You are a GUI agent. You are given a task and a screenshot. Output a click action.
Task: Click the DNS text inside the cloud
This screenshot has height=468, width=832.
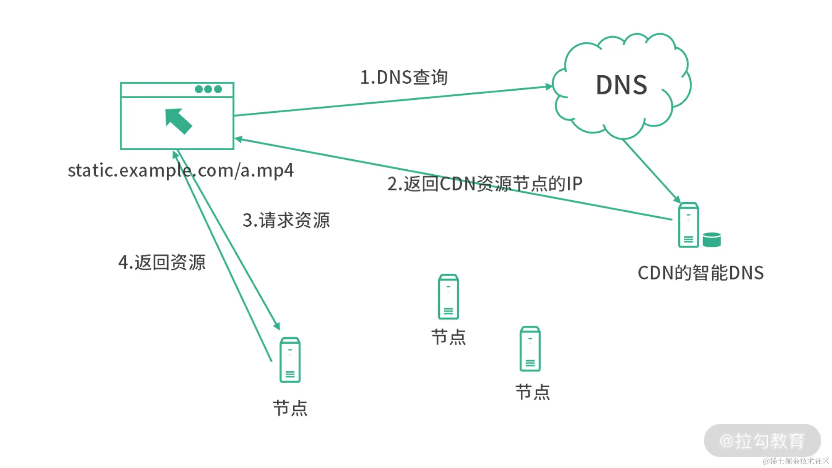[622, 85]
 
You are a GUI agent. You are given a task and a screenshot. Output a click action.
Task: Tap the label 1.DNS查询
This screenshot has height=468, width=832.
[404, 77]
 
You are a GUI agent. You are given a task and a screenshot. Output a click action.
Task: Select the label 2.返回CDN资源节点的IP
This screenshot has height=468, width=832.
[485, 184]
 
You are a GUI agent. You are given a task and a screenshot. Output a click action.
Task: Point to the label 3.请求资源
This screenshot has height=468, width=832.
[286, 220]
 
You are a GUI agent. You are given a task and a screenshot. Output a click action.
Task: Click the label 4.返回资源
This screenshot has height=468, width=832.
[162, 262]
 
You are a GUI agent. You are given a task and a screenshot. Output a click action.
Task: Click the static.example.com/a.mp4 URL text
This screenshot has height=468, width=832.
[181, 171]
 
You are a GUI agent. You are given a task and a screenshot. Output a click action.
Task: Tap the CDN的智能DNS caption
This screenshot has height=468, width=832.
[701, 273]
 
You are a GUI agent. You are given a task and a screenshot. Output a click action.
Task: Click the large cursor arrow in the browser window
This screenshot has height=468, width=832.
[178, 121]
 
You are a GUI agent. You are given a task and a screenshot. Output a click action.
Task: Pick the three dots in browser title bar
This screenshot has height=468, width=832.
[208, 89]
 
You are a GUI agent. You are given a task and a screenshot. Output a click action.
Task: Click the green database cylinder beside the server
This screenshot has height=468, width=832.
[711, 240]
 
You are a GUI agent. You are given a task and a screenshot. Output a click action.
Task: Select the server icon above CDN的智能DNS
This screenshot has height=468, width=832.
[688, 225]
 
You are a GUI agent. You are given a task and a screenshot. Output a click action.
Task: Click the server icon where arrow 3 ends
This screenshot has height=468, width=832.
[290, 360]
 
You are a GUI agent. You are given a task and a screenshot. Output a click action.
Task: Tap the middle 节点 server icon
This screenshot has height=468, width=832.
[448, 297]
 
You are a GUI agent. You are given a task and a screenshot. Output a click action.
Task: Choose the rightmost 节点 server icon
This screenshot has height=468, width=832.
[530, 349]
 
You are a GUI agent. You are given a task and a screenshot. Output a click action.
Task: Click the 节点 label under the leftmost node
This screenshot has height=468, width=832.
[290, 409]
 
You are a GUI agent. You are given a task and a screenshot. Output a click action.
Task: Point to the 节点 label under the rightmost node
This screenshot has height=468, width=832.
[532, 392]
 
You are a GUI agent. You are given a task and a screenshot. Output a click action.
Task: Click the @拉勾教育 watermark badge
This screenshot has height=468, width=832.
[762, 441]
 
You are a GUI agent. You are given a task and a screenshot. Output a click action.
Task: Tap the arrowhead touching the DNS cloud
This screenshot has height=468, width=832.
[549, 87]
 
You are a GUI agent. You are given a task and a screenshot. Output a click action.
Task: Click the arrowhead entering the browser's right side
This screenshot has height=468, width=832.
[239, 139]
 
